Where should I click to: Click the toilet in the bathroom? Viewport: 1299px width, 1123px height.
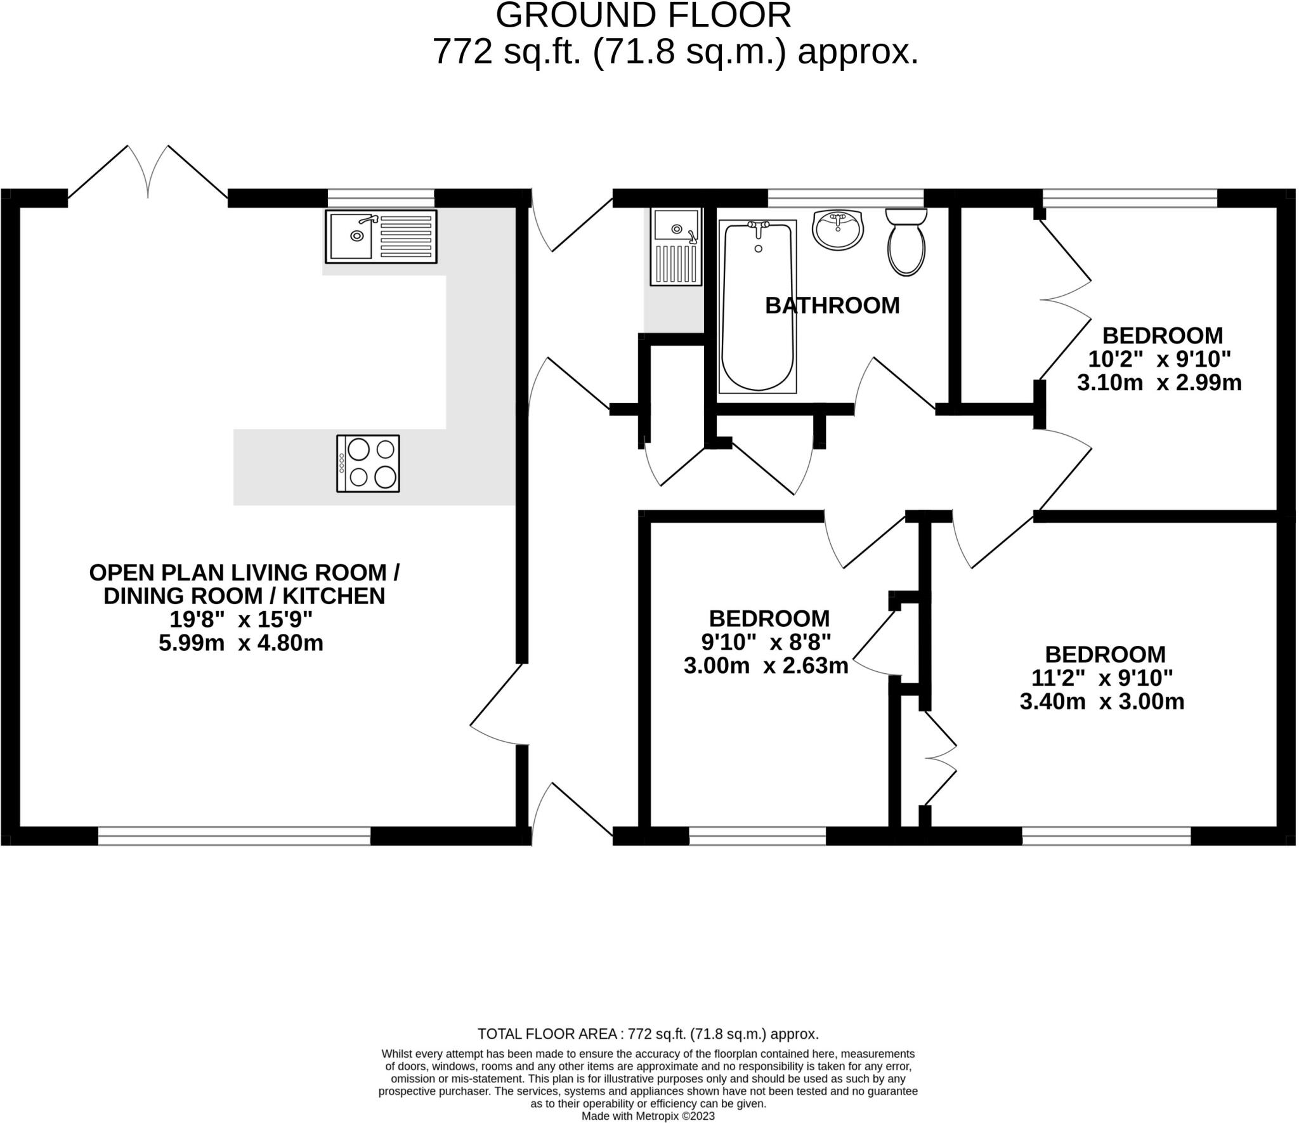(906, 242)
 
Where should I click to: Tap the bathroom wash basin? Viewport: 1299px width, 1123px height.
(838, 230)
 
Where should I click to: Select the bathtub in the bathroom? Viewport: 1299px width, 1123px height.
(757, 306)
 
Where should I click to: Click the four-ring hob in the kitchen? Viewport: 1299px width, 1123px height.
(368, 463)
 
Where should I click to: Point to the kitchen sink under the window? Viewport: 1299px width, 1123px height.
(381, 236)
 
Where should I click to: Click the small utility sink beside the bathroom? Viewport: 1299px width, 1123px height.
(676, 246)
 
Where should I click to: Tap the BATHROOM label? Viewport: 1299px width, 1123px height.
(832, 306)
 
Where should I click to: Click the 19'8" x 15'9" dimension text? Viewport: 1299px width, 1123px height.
(241, 619)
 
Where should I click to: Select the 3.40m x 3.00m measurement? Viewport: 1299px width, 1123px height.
(1102, 702)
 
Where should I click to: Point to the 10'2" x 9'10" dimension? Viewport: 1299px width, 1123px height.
(1159, 360)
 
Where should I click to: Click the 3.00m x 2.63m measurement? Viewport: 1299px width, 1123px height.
(766, 666)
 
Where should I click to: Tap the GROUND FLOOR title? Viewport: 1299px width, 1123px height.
(643, 15)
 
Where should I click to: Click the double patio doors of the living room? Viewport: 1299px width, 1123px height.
(148, 171)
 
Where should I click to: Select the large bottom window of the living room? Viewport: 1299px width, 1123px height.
(234, 836)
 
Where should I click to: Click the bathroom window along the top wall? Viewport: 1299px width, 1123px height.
(845, 198)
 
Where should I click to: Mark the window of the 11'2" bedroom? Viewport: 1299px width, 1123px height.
(1106, 836)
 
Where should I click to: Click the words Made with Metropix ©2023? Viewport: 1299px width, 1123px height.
(648, 1116)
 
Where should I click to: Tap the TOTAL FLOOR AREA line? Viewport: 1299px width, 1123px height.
(648, 1034)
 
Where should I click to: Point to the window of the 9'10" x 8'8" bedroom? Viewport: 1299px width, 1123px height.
(757, 836)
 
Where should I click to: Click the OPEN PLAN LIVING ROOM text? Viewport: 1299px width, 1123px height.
(244, 573)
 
